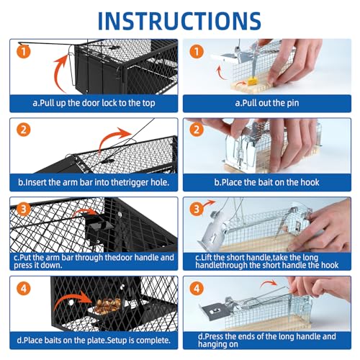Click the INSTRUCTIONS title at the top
point(179,21)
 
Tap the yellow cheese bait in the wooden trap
point(252,81)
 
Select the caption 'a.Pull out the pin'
point(267,103)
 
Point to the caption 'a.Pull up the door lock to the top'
point(94,103)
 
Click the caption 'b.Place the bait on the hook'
point(266,182)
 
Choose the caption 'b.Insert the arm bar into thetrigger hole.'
point(94,182)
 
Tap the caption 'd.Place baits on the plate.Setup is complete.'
point(94,341)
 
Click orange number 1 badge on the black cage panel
point(24,52)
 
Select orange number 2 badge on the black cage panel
point(24,130)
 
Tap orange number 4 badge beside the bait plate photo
point(24,288)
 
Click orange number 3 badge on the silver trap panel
point(197,209)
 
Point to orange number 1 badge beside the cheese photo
point(197,52)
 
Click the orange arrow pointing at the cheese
point(240,84)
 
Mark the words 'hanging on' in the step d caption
point(218,344)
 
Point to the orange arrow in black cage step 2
point(113,139)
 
